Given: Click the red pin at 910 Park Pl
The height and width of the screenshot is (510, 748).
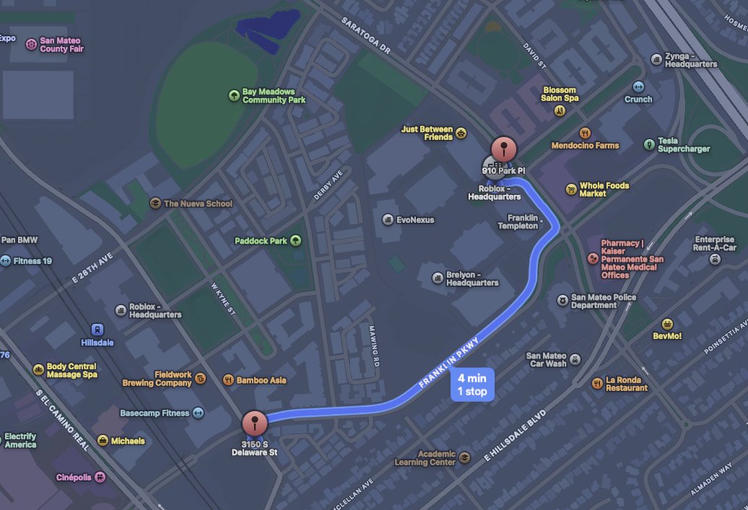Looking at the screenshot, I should [x=504, y=150].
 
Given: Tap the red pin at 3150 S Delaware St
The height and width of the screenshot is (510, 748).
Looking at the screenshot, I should [x=254, y=423].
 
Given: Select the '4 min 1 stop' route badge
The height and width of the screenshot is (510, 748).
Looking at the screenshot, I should [x=472, y=385].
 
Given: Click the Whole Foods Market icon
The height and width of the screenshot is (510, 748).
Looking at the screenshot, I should [x=571, y=190].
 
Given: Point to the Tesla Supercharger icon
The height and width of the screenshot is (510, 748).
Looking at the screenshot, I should [x=649, y=145].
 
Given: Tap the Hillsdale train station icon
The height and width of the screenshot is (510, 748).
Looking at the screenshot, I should [x=97, y=329].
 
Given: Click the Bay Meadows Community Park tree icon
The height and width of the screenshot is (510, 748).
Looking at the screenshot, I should [x=233, y=95].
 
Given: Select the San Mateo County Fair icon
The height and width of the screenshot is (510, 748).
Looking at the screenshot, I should [x=31, y=45].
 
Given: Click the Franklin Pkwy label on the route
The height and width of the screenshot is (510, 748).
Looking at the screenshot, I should [x=449, y=363].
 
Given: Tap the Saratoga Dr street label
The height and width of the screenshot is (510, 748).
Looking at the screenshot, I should [x=365, y=36].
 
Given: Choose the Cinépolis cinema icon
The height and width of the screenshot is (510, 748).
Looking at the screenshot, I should [x=100, y=477].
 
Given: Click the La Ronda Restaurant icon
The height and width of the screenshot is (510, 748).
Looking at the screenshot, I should [x=597, y=383].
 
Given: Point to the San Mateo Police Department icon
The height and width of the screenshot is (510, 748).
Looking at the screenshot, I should [x=562, y=300].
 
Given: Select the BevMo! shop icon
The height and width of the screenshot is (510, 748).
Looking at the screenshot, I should [x=667, y=324].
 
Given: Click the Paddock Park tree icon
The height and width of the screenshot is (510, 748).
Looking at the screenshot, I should [x=295, y=241].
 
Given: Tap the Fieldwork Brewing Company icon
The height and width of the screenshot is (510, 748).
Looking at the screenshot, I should [x=201, y=378].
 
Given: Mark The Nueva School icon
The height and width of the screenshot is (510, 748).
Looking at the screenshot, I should [x=155, y=203].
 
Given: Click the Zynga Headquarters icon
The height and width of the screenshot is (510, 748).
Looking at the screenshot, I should [x=656, y=59].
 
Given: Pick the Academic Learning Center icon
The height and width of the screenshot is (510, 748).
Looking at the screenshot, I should [x=465, y=457].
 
